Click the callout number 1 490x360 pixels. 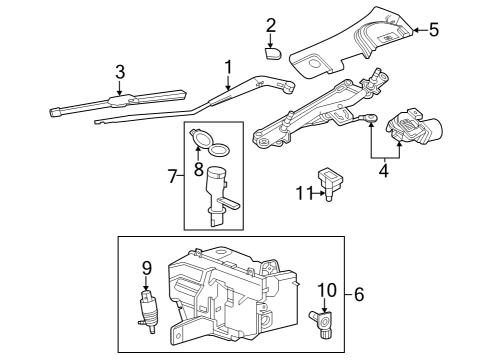228,69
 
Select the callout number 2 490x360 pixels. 271,24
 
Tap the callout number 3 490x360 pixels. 120,71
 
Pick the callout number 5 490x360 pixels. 433,29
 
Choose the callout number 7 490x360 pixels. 173,176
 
